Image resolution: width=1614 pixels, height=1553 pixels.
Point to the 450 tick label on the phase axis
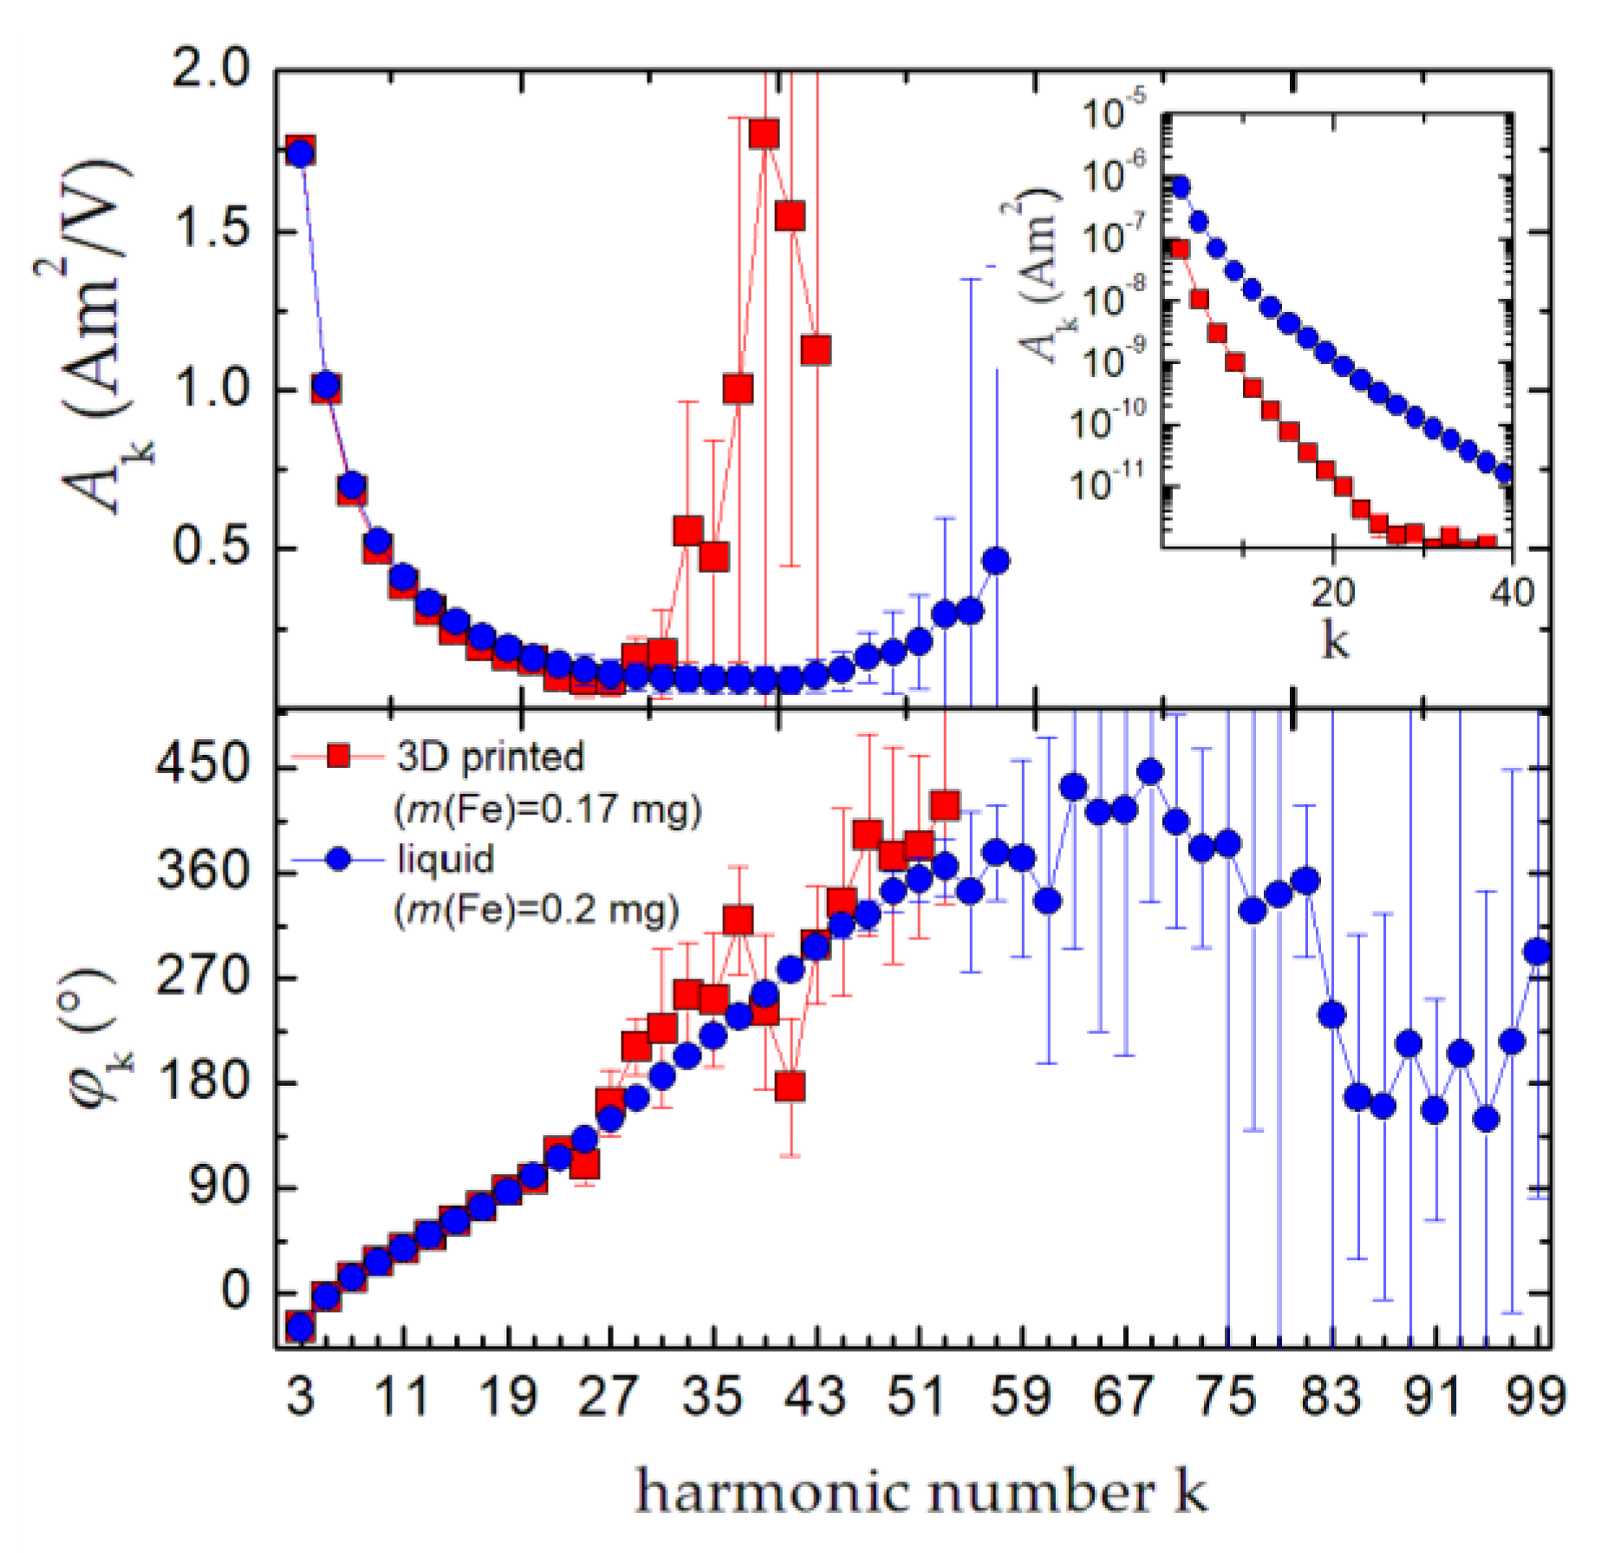[x=202, y=765]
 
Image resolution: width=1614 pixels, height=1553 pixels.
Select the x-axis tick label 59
[x=1021, y=1397]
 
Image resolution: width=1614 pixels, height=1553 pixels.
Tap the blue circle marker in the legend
[x=339, y=859]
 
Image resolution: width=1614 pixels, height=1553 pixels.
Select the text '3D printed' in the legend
[x=491, y=757]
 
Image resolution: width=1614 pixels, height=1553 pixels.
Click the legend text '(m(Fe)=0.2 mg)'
[x=537, y=910]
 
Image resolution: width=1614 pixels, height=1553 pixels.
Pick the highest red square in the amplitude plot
[x=765, y=133]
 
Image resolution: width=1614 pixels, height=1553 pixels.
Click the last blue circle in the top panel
[x=997, y=561]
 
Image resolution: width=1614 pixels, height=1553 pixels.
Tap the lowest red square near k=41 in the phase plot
[x=790, y=1086]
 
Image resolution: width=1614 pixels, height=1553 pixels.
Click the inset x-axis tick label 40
[x=1511, y=593]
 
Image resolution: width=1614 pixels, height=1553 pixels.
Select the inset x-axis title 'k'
[x=1335, y=641]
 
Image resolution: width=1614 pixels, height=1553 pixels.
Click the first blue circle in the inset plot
[x=1179, y=186]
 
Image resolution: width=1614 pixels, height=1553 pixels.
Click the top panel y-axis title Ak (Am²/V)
[x=95, y=338]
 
